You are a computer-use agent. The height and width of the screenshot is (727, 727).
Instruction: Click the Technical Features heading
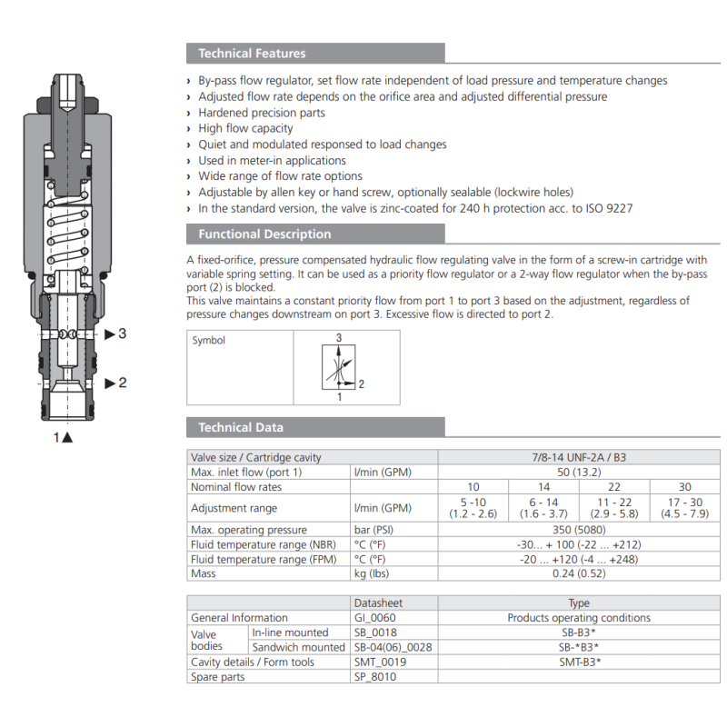tap(252, 54)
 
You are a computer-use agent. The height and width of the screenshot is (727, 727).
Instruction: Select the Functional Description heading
tap(264, 234)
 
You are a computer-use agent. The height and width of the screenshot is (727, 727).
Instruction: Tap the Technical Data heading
tap(241, 428)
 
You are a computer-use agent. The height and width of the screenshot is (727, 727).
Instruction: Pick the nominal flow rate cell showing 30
tap(684, 487)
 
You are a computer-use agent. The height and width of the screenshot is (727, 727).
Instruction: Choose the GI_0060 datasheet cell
tap(375, 618)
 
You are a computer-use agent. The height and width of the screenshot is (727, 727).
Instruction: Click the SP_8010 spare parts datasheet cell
tap(376, 677)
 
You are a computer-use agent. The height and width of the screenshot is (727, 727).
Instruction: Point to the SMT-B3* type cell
tap(579, 662)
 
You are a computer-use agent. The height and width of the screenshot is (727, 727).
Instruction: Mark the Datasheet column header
tap(378, 603)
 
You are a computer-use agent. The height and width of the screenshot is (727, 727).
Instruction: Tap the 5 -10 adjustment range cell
tap(472, 508)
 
